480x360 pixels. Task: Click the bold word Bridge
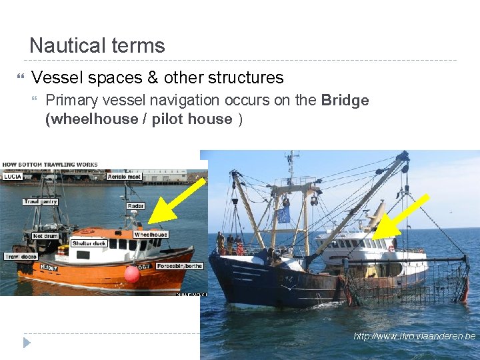point(345,101)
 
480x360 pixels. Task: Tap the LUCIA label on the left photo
point(13,177)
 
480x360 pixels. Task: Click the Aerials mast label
point(124,177)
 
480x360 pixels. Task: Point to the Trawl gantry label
point(40,202)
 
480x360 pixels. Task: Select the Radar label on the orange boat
point(135,206)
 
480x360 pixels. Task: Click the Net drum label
point(45,235)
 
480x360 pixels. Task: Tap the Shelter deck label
point(89,243)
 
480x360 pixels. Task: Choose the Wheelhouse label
point(151,235)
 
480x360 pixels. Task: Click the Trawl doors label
point(21,257)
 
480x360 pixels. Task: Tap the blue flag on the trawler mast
point(284,215)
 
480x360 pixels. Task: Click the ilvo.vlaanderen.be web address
point(414,336)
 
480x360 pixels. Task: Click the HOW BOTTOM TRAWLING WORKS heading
point(50,165)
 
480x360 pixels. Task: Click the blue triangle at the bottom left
point(27,343)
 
